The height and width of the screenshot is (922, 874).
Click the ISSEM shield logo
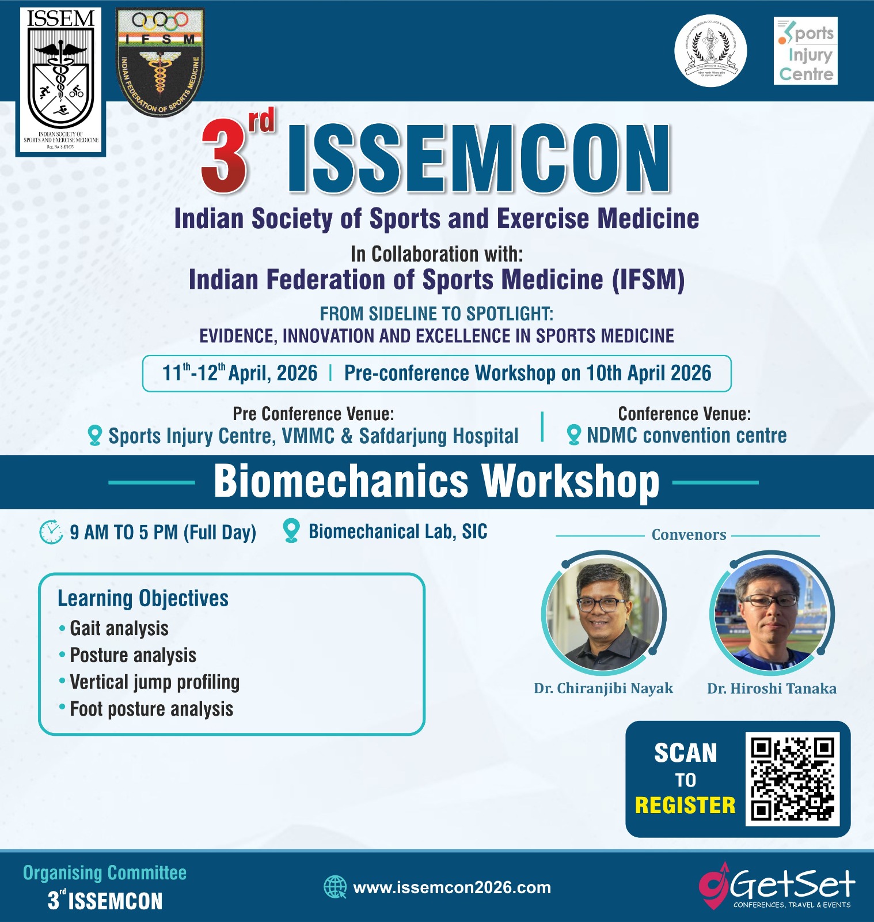(x=60, y=81)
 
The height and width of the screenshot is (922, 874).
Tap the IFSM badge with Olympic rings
(x=160, y=62)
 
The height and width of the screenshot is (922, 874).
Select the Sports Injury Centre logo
(x=805, y=51)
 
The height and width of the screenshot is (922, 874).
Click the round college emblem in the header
(x=710, y=51)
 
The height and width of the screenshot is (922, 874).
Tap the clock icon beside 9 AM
(x=51, y=532)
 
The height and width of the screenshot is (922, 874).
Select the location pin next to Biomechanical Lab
(x=291, y=531)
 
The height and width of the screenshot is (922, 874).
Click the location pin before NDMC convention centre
(x=573, y=435)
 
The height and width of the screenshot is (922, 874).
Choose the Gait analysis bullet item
(x=119, y=628)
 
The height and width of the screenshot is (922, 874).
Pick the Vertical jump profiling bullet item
(x=154, y=682)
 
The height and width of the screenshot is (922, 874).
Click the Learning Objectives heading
(x=143, y=598)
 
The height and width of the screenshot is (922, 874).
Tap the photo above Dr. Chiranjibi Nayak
(x=603, y=613)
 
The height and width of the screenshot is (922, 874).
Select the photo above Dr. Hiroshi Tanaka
(x=771, y=613)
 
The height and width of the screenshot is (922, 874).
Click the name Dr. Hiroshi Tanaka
(x=772, y=688)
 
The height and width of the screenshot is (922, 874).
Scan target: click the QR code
(x=792, y=779)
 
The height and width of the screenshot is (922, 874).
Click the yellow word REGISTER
(x=685, y=805)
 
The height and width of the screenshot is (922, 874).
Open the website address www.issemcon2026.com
(x=452, y=887)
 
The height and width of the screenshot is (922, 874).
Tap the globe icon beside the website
(x=335, y=887)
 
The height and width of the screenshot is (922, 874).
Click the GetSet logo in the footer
(x=777, y=886)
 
